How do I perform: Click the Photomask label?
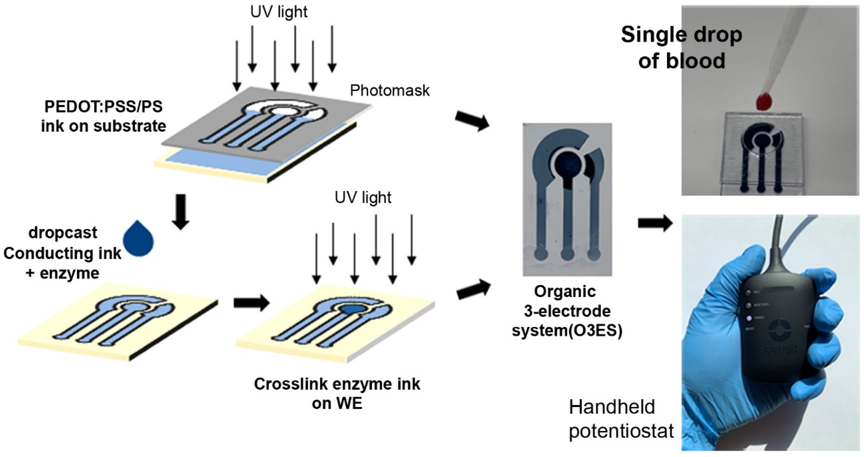389,90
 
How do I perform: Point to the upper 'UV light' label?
279,12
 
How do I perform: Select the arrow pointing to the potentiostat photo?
655,223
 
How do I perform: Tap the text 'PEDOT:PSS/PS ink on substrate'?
104,116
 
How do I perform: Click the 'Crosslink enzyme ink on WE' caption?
337,393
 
